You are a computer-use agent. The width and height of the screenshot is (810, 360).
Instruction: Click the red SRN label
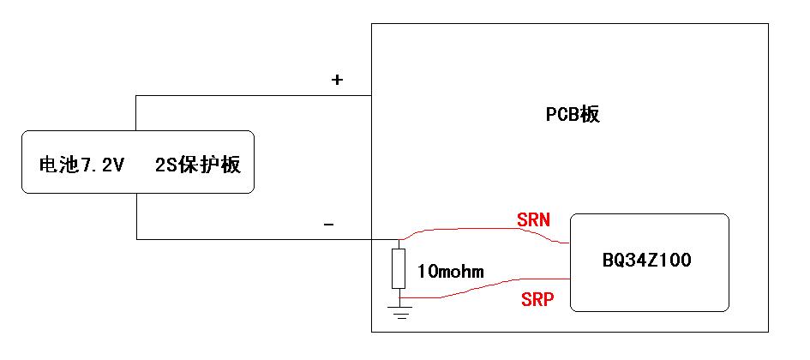pyautogui.click(x=534, y=220)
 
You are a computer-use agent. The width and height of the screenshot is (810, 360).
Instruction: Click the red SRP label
pyautogui.click(x=537, y=299)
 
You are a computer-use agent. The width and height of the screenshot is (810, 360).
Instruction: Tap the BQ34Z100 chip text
pyautogui.click(x=646, y=261)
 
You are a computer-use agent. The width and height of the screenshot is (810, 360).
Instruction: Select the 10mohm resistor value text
pyautogui.click(x=451, y=271)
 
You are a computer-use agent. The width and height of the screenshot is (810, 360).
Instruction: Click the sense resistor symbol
pyautogui.click(x=399, y=268)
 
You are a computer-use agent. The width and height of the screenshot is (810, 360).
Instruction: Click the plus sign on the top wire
pyautogui.click(x=337, y=80)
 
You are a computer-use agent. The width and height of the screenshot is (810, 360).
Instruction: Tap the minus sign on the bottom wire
pyautogui.click(x=328, y=225)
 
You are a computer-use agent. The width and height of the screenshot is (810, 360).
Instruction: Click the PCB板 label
pyautogui.click(x=573, y=114)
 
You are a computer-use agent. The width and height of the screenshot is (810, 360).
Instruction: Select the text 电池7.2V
pyautogui.click(x=81, y=165)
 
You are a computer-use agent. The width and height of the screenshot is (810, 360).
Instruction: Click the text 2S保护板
pyautogui.click(x=198, y=165)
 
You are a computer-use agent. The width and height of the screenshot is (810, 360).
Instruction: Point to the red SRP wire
pyautogui.click(x=485, y=288)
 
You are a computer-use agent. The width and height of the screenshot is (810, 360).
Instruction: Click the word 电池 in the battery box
pyautogui.click(x=57, y=165)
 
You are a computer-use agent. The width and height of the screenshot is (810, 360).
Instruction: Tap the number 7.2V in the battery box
pyautogui.click(x=99, y=165)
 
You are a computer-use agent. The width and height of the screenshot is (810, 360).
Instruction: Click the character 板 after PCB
pyautogui.click(x=591, y=114)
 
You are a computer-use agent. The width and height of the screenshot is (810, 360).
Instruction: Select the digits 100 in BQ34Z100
pyautogui.click(x=674, y=261)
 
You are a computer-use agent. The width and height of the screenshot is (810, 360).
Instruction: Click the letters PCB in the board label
pyautogui.click(x=564, y=115)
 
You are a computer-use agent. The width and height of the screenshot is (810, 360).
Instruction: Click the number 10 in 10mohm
pyautogui.click(x=426, y=271)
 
